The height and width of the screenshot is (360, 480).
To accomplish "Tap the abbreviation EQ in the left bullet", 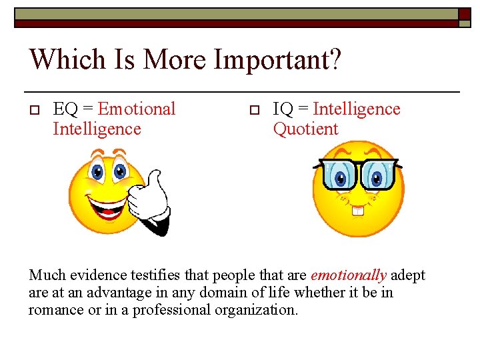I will tap(64, 109).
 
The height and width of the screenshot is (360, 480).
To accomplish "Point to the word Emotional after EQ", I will tap(137, 109).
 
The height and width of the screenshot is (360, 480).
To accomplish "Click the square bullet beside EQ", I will tap(35, 110).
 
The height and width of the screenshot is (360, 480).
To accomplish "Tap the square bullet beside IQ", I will tap(253, 110).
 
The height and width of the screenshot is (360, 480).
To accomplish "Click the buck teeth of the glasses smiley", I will tap(358, 211).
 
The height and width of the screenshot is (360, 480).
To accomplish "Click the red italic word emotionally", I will tap(349, 275).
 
